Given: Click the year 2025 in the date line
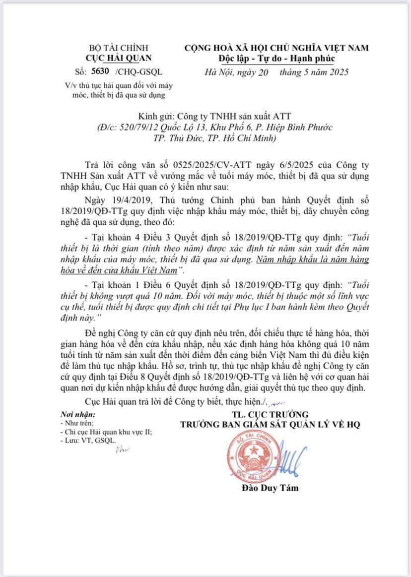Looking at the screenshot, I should coord(337,72).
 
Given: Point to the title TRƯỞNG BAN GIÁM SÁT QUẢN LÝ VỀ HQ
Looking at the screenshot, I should coord(270,424).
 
